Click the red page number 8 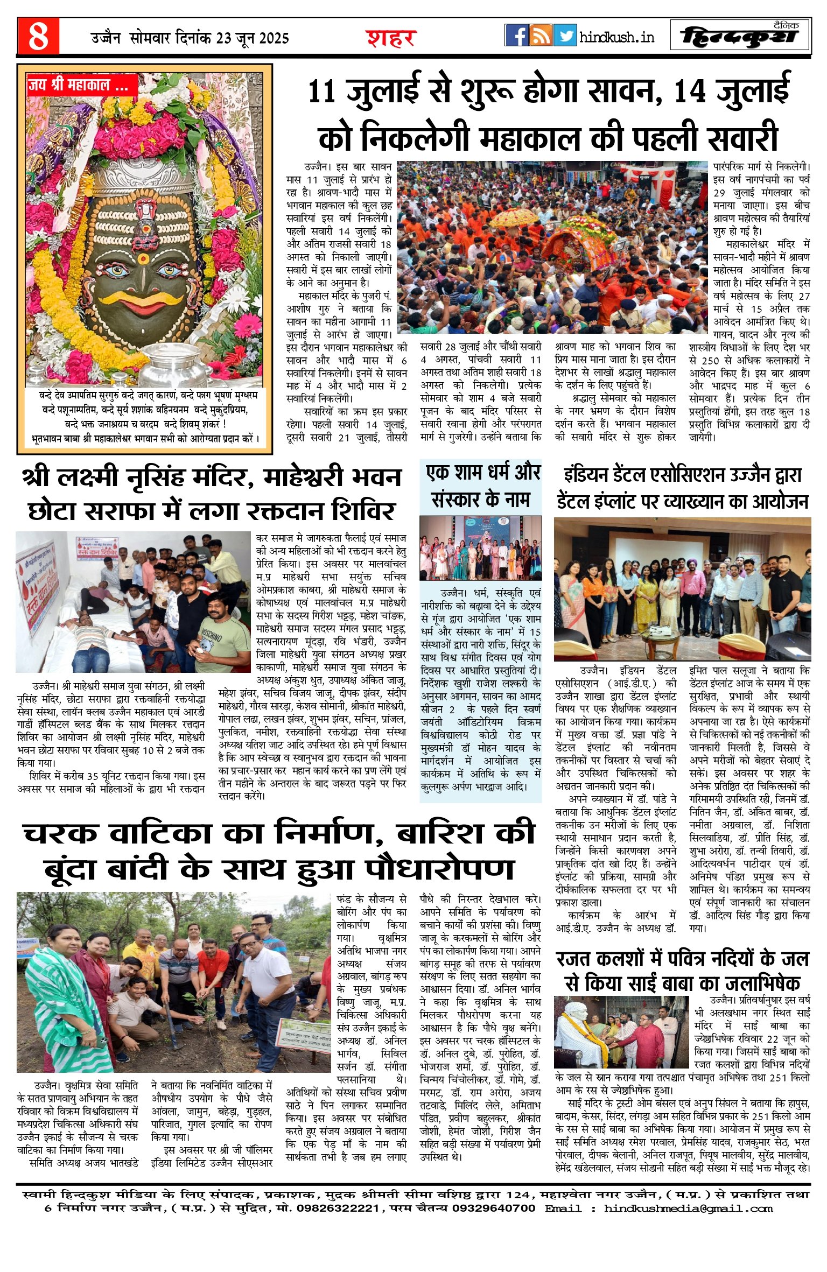38,36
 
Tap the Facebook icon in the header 516,36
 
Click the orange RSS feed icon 541,36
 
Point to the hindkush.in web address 617,37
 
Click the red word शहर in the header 391,38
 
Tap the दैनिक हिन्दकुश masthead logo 740,36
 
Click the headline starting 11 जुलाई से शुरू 548,114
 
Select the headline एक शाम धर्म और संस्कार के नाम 481,486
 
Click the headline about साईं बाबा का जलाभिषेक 683,970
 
